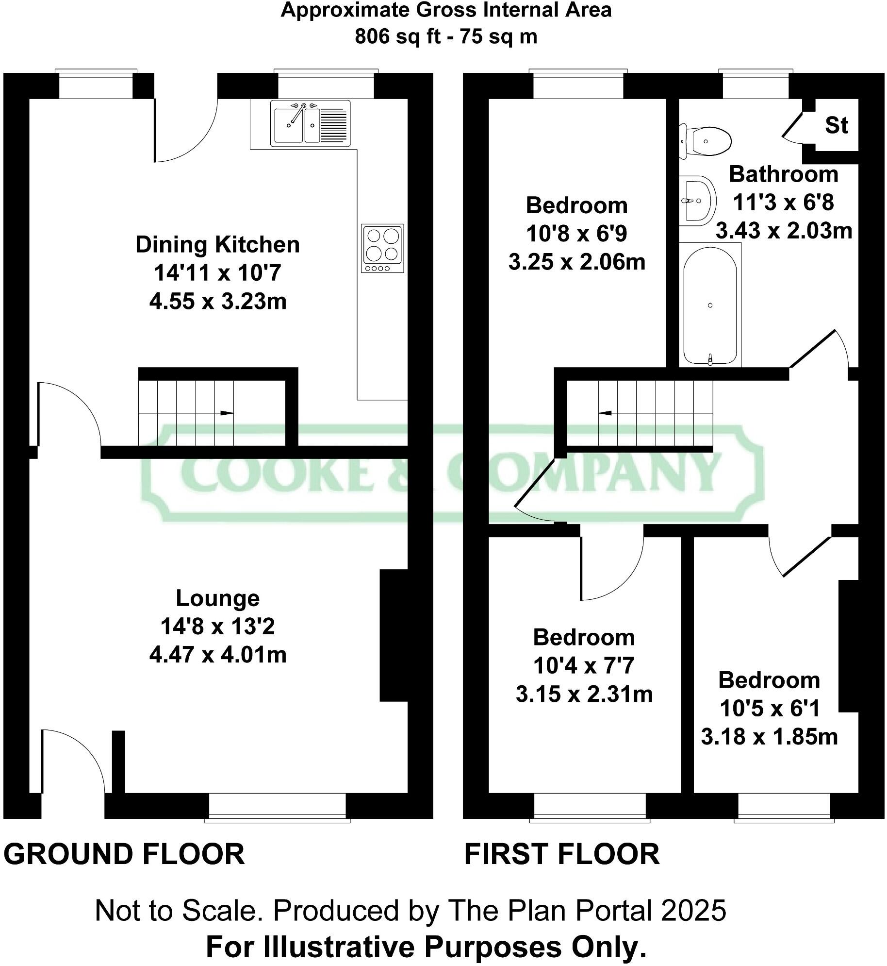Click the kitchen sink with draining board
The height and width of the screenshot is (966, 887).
(310, 123)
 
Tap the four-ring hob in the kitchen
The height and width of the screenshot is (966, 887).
(382, 248)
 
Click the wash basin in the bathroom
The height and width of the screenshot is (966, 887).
(698, 200)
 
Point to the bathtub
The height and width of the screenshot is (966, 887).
(710, 305)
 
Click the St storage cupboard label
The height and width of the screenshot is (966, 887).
(836, 125)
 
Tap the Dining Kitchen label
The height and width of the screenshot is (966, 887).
(217, 244)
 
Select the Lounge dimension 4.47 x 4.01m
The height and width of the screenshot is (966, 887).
(217, 655)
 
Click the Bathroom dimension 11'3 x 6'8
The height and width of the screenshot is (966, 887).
(783, 202)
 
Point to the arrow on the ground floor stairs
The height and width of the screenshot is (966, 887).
(227, 413)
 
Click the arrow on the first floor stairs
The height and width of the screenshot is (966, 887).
(605, 413)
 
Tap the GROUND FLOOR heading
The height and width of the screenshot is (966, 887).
(124, 855)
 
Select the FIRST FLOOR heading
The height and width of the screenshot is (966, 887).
(561, 855)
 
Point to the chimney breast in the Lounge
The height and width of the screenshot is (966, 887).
(394, 635)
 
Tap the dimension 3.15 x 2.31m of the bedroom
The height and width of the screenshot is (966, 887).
(584, 694)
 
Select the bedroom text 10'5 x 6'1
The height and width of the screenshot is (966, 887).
(770, 708)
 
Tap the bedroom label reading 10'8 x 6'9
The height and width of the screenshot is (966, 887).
(576, 234)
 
